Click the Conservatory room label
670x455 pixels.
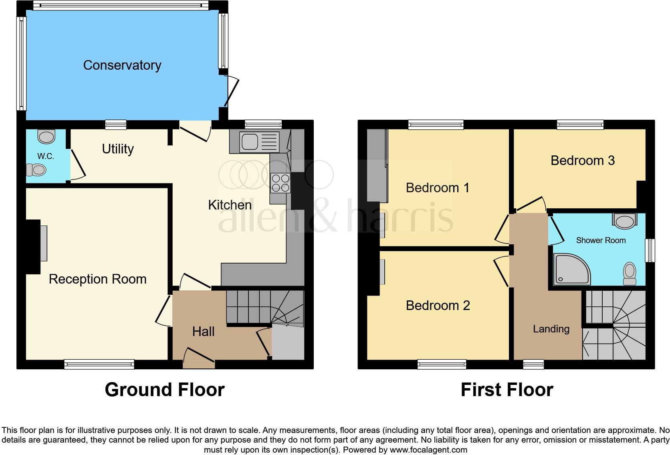122,65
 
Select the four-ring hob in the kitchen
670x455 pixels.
281,183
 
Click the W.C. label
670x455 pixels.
46,157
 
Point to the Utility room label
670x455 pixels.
118,149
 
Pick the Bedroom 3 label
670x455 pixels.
582,161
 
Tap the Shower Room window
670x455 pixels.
650,251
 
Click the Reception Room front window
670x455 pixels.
99,364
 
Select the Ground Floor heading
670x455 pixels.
164,390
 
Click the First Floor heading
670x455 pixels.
507,390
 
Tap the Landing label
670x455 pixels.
551,329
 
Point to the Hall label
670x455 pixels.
203,332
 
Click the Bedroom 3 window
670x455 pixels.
580,125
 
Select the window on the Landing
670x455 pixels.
533,364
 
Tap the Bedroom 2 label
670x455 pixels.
438,306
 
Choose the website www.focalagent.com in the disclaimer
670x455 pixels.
428,450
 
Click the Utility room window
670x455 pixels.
116,125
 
